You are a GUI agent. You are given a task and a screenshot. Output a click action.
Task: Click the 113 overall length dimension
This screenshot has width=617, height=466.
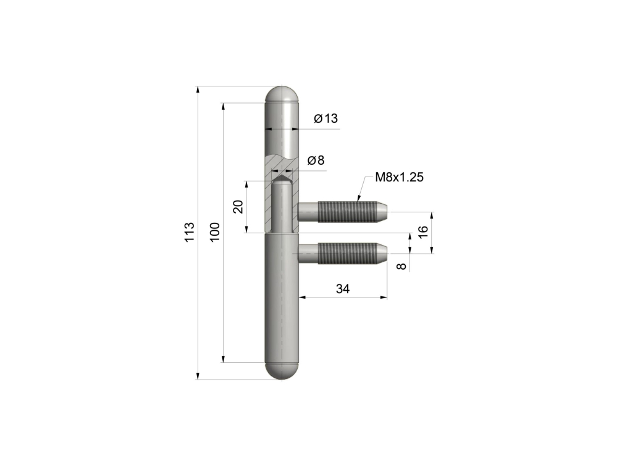190,233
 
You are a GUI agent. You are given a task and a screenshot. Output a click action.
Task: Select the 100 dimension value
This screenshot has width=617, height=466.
214,232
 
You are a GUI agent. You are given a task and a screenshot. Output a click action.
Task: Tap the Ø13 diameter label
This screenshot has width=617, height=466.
326,119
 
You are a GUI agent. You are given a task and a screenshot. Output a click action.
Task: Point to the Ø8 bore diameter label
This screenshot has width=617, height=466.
316,160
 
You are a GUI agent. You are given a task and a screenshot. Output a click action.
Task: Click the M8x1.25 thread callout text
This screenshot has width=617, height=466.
399,177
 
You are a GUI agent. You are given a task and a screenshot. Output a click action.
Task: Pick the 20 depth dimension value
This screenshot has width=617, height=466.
238,206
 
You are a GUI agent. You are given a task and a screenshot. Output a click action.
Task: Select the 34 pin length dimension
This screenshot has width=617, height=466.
342,289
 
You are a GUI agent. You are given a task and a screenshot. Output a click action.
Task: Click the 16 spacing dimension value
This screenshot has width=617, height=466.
422,232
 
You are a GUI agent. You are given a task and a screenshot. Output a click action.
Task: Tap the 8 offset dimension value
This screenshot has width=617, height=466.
401,266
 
